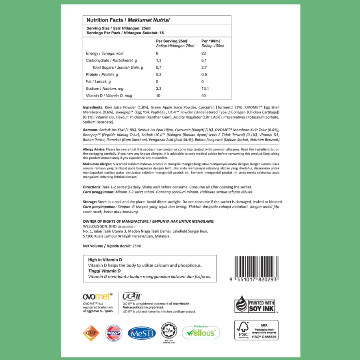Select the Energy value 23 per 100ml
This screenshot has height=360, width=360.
204,53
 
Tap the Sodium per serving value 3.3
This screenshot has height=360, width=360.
158,88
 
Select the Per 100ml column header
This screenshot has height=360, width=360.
210,41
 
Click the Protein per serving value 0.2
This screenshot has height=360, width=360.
158,75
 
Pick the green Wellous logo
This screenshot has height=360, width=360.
201,332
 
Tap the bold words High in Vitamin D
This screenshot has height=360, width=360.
105,260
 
